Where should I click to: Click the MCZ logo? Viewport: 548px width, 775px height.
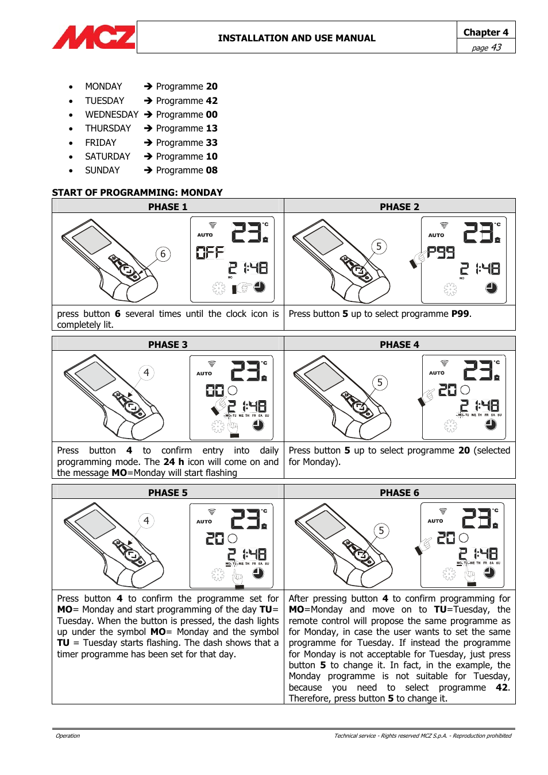point(94,37)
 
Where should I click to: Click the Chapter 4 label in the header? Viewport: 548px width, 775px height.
point(485,32)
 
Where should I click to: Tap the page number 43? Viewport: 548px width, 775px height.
point(496,47)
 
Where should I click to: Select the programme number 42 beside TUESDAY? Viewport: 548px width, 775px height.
point(211,100)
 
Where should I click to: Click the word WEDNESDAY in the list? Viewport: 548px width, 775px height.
point(111,114)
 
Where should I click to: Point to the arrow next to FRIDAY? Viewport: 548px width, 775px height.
point(148,142)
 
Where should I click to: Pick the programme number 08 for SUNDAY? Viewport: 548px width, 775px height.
point(211,170)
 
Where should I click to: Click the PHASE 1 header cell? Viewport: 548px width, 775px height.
point(168,207)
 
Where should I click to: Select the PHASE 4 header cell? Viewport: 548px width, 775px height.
point(399,344)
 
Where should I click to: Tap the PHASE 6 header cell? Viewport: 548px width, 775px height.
point(399,493)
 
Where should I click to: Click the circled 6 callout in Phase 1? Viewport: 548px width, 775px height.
point(163,254)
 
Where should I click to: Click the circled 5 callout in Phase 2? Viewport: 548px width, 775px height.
point(379,246)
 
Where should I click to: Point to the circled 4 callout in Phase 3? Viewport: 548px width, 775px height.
point(146,373)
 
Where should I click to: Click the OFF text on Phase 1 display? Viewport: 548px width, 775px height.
point(210,252)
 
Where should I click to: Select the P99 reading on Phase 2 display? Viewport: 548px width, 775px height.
point(441,252)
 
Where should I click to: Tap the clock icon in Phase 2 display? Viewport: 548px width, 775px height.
point(491,288)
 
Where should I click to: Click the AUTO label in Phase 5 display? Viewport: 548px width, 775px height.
point(204,521)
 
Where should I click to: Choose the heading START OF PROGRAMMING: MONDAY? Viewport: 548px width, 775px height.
point(137,192)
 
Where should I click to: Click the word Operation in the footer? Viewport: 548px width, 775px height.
point(68,735)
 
